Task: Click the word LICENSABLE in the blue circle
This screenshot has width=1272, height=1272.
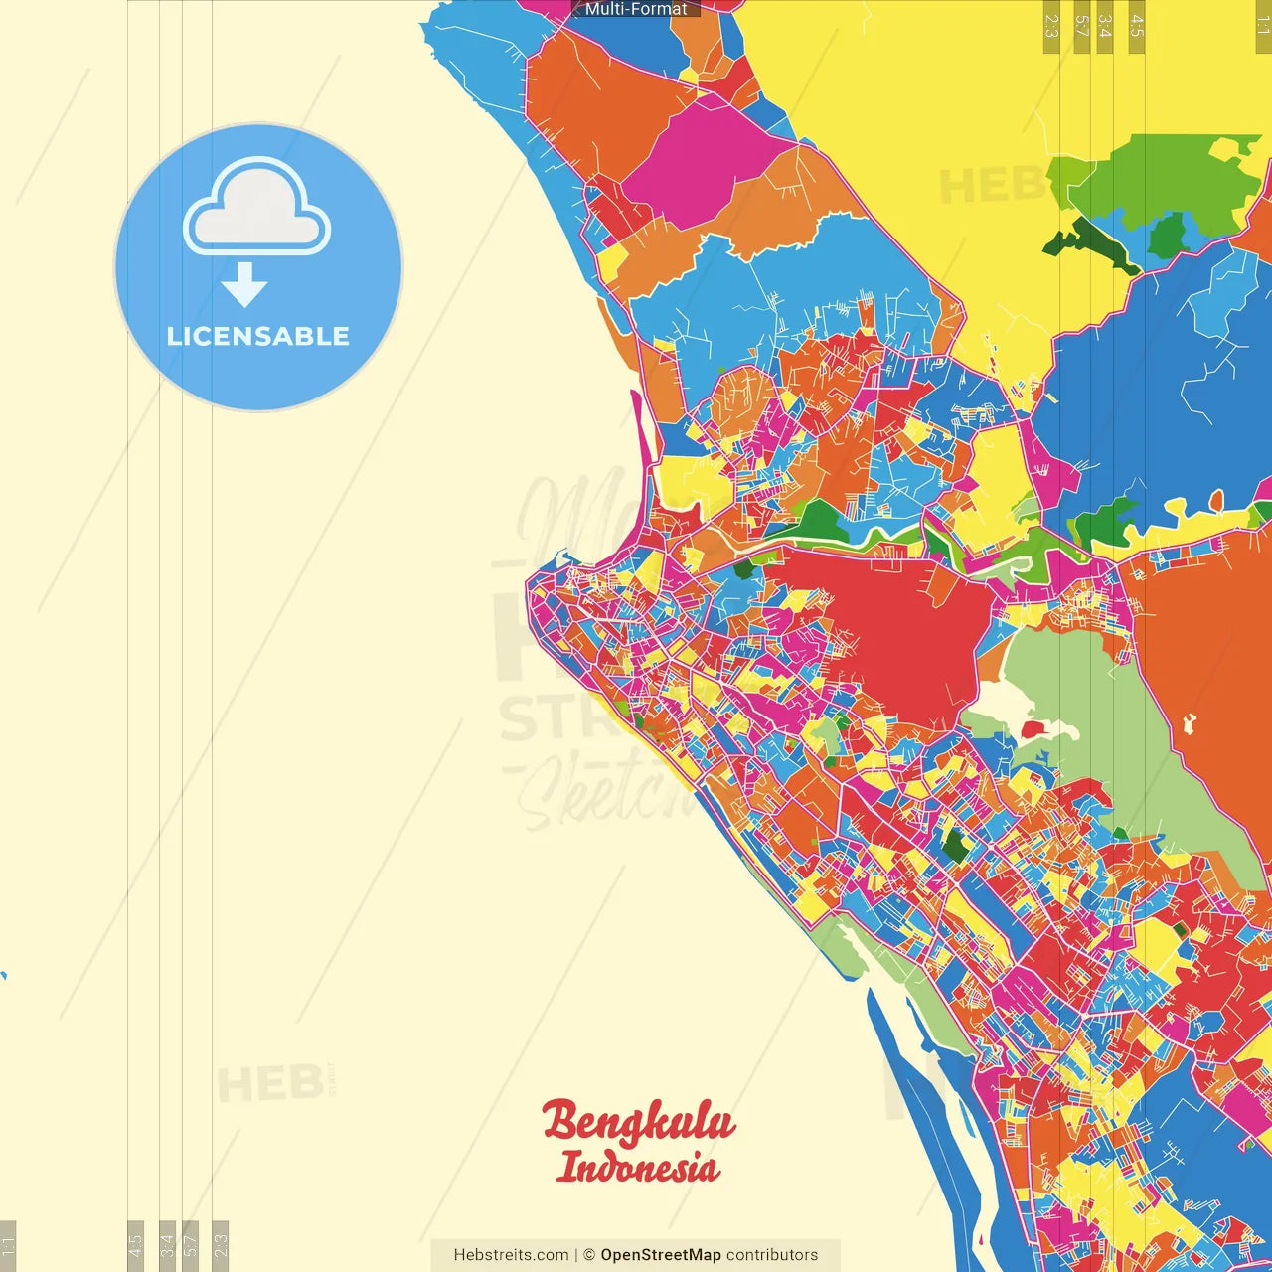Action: point(258,336)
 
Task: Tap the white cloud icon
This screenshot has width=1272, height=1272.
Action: point(256,207)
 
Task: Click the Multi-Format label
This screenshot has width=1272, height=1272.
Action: point(636,9)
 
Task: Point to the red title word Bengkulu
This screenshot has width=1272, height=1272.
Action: point(638,1123)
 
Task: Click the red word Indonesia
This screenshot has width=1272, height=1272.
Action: point(637,1167)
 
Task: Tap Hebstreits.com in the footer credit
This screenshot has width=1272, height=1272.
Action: point(511,1255)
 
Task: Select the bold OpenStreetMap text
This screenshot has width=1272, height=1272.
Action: point(661,1255)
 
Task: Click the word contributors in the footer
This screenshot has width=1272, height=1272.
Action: point(772,1255)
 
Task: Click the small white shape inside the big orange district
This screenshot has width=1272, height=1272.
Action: point(1189,723)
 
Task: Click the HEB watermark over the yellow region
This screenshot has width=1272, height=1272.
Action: point(989,186)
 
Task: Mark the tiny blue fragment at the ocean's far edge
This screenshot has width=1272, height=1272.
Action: point(3,975)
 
